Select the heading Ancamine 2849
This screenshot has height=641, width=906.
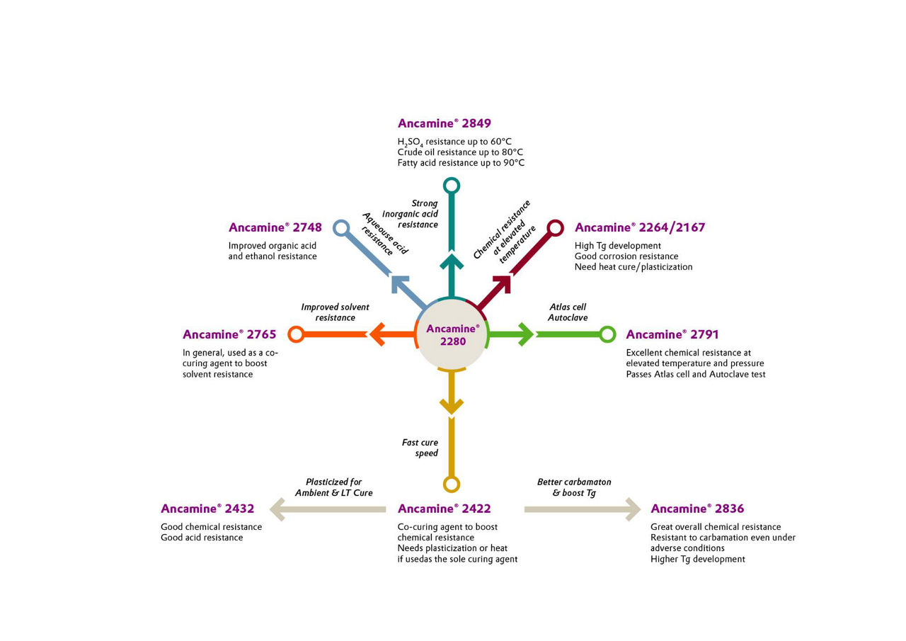(444, 123)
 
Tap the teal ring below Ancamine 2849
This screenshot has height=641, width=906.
(452, 186)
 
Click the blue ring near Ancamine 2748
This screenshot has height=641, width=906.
(341, 228)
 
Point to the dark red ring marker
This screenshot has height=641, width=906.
(556, 227)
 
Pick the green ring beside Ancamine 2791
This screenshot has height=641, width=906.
(607, 334)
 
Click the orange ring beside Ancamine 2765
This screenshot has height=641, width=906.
(297, 334)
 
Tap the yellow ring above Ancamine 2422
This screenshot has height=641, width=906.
(452, 484)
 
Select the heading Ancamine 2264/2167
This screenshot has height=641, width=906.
(639, 227)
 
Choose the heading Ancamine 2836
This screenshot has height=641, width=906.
(696, 509)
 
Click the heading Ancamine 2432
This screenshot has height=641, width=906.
(207, 509)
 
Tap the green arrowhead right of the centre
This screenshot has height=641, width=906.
(525, 334)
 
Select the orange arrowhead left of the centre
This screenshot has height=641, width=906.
(377, 334)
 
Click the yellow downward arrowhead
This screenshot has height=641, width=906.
(452, 406)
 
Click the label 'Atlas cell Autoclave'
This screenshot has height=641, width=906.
(568, 312)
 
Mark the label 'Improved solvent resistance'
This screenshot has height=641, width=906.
(335, 312)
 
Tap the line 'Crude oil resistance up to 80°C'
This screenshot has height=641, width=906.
(460, 152)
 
